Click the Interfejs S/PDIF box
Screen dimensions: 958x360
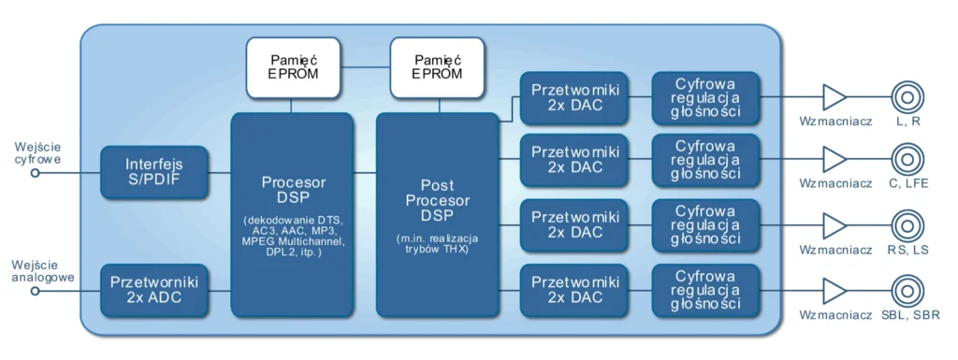tap(153, 172)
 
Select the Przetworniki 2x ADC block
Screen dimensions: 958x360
tap(153, 291)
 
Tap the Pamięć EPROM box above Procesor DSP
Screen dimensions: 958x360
tap(293, 67)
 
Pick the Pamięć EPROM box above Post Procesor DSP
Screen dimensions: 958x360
tap(437, 67)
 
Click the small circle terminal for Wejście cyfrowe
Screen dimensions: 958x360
tap(35, 173)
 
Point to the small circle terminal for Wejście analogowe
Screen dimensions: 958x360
tap(35, 291)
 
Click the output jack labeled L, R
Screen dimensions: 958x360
tap(907, 97)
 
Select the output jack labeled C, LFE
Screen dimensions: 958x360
tap(907, 161)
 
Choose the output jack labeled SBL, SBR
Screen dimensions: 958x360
tap(907, 292)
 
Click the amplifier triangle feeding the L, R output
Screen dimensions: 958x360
tap(834, 97)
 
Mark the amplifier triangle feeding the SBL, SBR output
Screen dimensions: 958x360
tap(834, 292)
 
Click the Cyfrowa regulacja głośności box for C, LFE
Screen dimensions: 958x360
tap(705, 160)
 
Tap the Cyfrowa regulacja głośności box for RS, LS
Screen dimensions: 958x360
tap(705, 225)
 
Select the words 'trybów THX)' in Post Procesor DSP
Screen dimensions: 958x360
tap(437, 247)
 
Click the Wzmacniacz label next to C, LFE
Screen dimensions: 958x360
tap(835, 185)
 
